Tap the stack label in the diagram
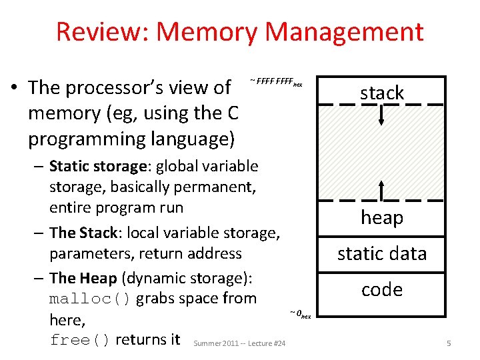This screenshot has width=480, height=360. pos(382,93)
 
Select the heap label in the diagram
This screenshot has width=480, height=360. pos(382,217)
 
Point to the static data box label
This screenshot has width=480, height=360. pos(382,253)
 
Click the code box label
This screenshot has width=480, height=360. pos(382,289)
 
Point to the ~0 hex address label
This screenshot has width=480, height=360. pos(300,313)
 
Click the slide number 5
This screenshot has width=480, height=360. pos(449,343)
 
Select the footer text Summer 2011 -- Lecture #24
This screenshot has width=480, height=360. pos(239,343)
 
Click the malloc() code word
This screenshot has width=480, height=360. pos(90,298)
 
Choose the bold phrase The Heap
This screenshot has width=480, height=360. pos(83,277)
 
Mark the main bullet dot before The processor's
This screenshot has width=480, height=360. pos(13,88)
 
